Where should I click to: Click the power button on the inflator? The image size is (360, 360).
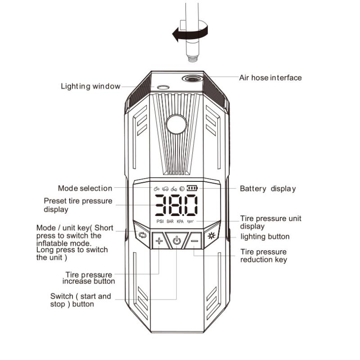click(x=176, y=240)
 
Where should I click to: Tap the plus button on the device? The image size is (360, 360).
click(x=158, y=241)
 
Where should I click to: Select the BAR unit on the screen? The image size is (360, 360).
click(x=170, y=221)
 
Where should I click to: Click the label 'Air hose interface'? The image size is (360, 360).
click(x=270, y=78)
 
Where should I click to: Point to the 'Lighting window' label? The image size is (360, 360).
click(x=90, y=86)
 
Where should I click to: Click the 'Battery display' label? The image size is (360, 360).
click(x=268, y=189)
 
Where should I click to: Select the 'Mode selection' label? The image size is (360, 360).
click(x=85, y=188)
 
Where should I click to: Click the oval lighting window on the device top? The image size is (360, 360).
click(x=162, y=88)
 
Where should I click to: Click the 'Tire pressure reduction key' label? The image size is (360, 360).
click(x=264, y=256)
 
